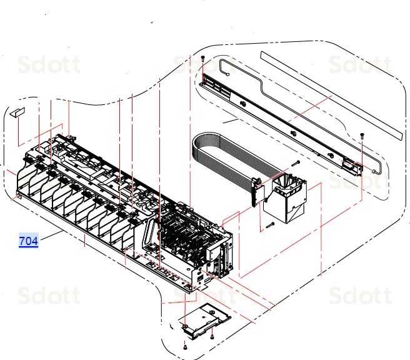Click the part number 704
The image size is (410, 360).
(29, 241)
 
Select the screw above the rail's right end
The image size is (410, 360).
(362, 135)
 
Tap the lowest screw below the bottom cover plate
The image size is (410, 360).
(186, 346)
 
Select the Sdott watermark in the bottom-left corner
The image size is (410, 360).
(49, 295)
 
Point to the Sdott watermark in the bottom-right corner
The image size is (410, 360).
(359, 295)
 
